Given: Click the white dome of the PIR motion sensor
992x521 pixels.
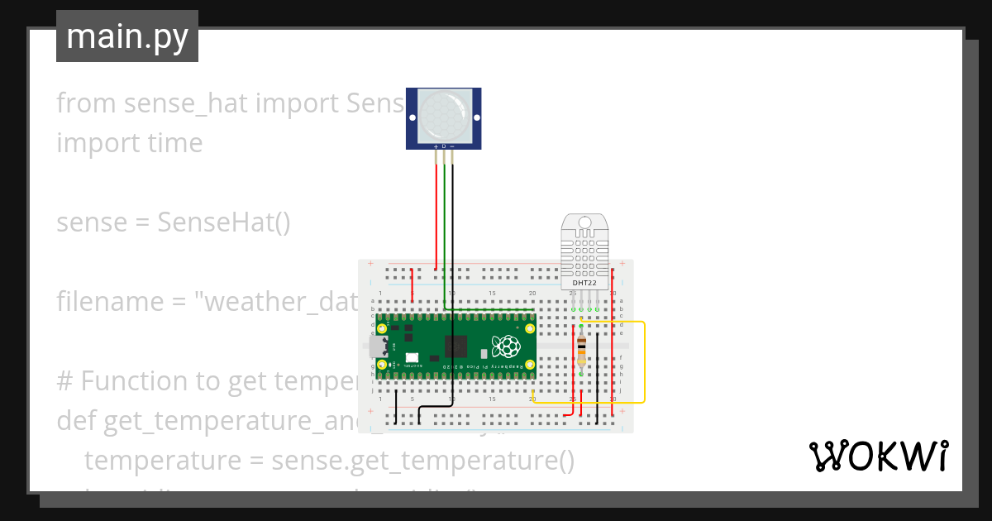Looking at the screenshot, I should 443,115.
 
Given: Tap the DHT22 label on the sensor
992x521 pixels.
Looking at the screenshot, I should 584,283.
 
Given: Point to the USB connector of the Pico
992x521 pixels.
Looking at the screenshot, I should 377,346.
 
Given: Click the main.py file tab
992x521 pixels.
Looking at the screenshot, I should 127,36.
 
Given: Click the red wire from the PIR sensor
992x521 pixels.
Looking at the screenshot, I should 436,215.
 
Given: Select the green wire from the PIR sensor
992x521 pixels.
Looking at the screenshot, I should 445,232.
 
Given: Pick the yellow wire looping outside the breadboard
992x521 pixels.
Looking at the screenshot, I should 644,364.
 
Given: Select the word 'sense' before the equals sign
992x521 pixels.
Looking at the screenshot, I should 88,222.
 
